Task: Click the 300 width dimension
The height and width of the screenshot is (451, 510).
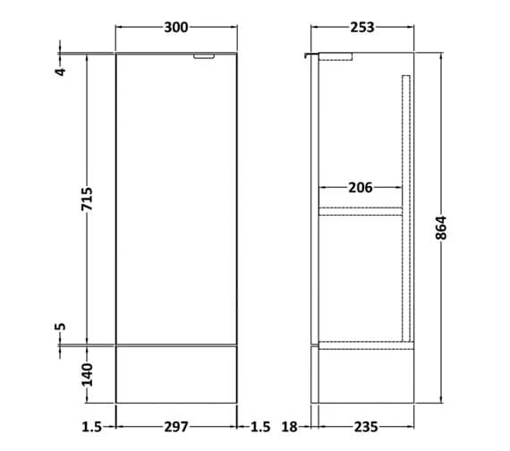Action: [x=176, y=28]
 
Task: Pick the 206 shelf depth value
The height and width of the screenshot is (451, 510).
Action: [x=360, y=188]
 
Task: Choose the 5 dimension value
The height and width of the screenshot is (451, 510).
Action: [x=62, y=326]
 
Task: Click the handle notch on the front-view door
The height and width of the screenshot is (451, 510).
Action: [x=206, y=58]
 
